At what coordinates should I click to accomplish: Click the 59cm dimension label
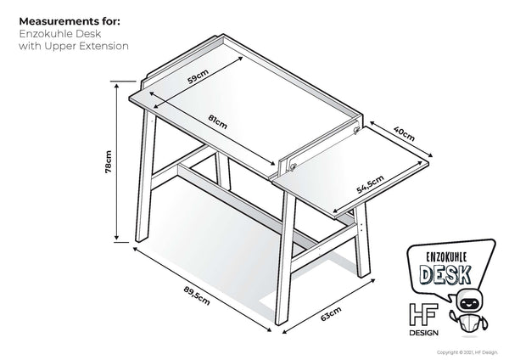198,77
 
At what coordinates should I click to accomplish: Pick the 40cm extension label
405,132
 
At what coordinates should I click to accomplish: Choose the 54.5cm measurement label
370,184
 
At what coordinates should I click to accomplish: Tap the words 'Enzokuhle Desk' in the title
57,32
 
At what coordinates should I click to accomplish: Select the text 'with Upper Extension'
73,46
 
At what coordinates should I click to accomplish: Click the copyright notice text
472,352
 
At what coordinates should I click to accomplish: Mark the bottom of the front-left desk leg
137,240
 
